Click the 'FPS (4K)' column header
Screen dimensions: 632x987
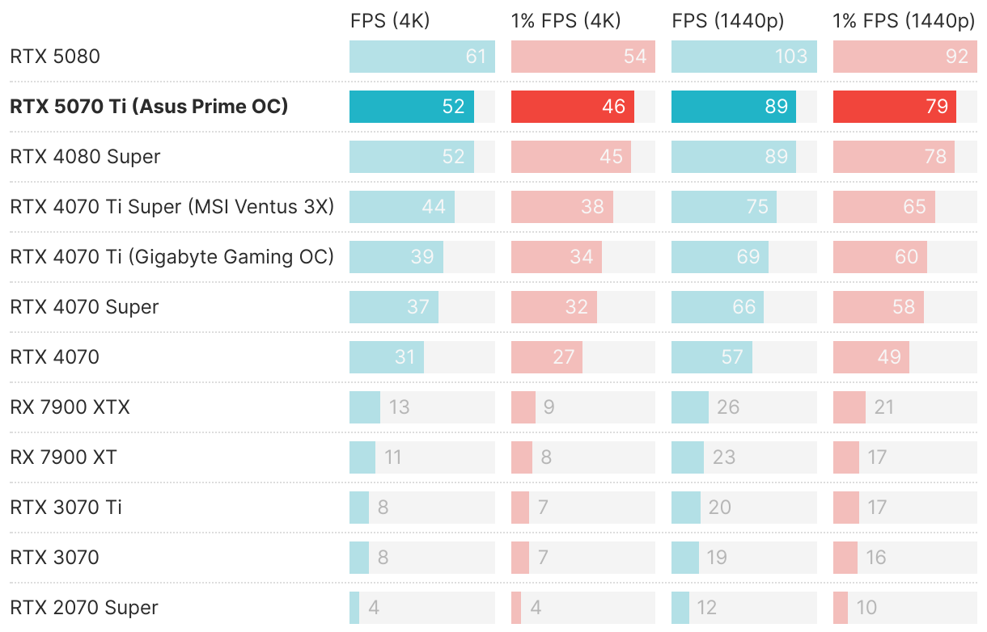(x=390, y=21)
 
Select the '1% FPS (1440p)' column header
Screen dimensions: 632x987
(x=904, y=21)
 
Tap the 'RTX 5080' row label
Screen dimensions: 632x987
(x=55, y=57)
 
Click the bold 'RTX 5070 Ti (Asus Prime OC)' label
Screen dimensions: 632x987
(x=149, y=107)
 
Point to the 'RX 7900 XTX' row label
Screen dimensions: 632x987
(x=70, y=407)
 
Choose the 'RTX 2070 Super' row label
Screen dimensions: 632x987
(x=83, y=608)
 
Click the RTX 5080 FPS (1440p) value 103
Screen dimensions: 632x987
(x=790, y=57)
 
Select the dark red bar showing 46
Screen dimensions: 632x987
(x=572, y=107)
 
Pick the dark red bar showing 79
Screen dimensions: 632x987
(x=894, y=107)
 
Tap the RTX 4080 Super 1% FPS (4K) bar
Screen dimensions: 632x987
(x=571, y=157)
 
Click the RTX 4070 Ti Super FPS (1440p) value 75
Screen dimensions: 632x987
(x=757, y=207)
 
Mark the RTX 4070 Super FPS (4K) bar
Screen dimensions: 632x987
(x=394, y=307)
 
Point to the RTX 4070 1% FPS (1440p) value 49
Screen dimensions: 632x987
(x=889, y=357)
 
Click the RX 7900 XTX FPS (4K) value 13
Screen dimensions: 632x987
(x=399, y=407)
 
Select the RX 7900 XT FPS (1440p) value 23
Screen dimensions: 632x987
(x=723, y=457)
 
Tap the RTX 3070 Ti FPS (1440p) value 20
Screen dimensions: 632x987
(x=719, y=508)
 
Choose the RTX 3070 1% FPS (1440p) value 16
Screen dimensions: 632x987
(x=875, y=558)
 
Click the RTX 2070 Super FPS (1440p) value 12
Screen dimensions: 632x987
(x=707, y=608)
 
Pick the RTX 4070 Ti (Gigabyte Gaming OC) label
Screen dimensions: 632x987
(x=172, y=257)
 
